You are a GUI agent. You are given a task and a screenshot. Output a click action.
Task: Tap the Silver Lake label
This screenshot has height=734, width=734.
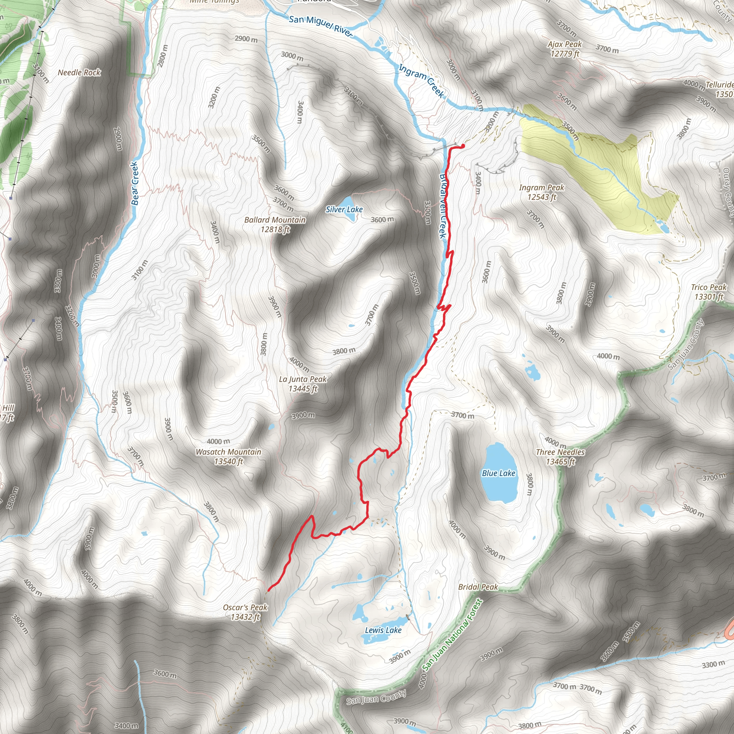pyautogui.click(x=344, y=209)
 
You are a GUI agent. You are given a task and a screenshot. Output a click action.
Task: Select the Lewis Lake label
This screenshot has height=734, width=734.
pyautogui.click(x=383, y=630)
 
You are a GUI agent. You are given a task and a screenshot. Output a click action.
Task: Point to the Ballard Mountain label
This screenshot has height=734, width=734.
pyautogui.click(x=275, y=224)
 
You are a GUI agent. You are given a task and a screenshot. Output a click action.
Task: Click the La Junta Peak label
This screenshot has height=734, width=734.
pyautogui.click(x=303, y=383)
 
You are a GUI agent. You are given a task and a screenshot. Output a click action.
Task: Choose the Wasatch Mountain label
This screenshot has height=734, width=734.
pyautogui.click(x=228, y=456)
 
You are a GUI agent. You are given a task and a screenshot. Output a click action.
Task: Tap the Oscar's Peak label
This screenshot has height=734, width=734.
pyautogui.click(x=245, y=612)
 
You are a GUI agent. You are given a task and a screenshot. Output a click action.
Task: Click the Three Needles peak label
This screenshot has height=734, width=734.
pyautogui.click(x=560, y=456)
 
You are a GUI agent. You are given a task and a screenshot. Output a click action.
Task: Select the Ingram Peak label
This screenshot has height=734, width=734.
pyautogui.click(x=542, y=192)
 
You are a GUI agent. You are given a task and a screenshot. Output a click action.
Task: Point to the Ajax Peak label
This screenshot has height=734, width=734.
pyautogui.click(x=564, y=49)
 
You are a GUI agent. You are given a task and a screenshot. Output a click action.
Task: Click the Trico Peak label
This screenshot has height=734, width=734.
pyautogui.click(x=709, y=292)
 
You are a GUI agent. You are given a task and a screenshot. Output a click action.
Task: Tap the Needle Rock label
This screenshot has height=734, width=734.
pyautogui.click(x=79, y=72)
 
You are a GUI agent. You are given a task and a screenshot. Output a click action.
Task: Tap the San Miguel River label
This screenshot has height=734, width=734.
pyautogui.click(x=321, y=26)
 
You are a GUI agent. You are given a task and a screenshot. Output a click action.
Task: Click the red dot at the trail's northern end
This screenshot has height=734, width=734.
pyautogui.click(x=463, y=146)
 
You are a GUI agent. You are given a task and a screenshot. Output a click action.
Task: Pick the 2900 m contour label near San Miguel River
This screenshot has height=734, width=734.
pyautogui.click(x=246, y=39)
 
